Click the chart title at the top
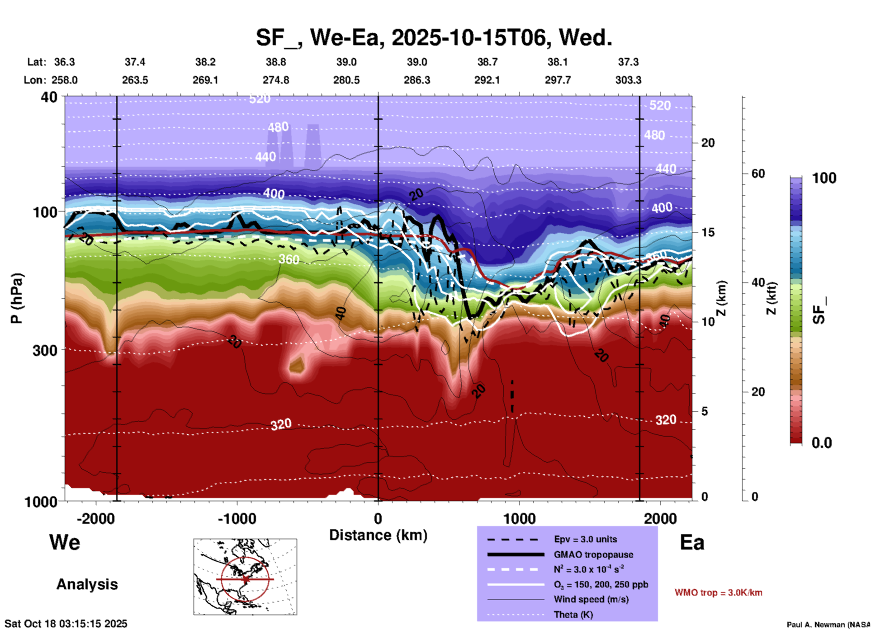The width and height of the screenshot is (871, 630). (434, 38)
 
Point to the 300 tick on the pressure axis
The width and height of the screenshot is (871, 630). (45, 350)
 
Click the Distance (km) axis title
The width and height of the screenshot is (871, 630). (378, 535)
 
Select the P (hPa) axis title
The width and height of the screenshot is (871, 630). (17, 298)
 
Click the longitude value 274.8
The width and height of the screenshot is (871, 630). (276, 80)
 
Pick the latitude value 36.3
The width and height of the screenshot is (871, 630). (65, 62)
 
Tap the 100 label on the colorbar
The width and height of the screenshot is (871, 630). (824, 178)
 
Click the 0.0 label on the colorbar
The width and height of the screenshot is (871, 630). (822, 442)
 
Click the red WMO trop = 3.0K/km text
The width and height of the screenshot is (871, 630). (718, 592)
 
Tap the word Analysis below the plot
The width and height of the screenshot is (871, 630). (87, 584)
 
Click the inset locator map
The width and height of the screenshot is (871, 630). (245, 577)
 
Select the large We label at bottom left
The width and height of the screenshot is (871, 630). (65, 542)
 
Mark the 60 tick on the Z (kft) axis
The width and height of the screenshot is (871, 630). (758, 174)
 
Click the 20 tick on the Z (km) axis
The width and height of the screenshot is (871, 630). (707, 143)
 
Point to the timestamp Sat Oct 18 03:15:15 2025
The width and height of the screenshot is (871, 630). (66, 624)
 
